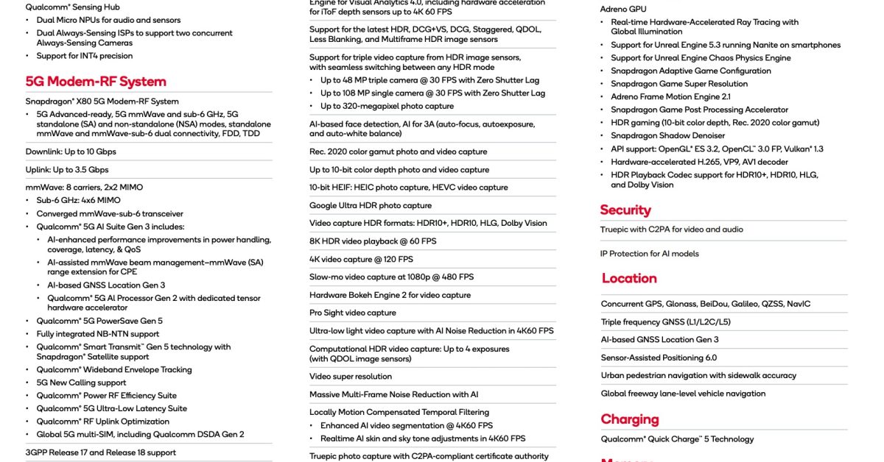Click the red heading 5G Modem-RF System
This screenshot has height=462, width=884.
96,82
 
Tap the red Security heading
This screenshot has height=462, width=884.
625,210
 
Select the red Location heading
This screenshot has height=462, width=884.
629,278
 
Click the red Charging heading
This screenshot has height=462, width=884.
630,419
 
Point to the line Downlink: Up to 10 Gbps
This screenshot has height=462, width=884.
71,152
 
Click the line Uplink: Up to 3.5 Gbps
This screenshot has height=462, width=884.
67,170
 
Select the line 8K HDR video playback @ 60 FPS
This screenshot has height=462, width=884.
373,241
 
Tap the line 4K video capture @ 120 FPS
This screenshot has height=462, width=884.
361,259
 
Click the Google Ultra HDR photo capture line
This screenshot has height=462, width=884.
371,205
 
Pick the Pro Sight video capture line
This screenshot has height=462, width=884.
353,313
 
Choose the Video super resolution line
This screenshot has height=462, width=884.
351,377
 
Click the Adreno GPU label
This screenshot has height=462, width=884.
623,9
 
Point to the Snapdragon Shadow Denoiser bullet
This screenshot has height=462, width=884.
667,135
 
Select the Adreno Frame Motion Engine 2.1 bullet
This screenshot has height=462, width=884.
670,96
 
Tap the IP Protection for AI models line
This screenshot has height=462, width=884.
650,254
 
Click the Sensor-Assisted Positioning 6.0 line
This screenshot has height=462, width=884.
659,358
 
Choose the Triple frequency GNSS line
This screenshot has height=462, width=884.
665,321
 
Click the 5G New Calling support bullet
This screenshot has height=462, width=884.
81,383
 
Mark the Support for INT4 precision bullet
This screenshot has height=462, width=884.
85,56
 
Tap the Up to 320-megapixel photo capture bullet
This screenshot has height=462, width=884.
387,107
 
